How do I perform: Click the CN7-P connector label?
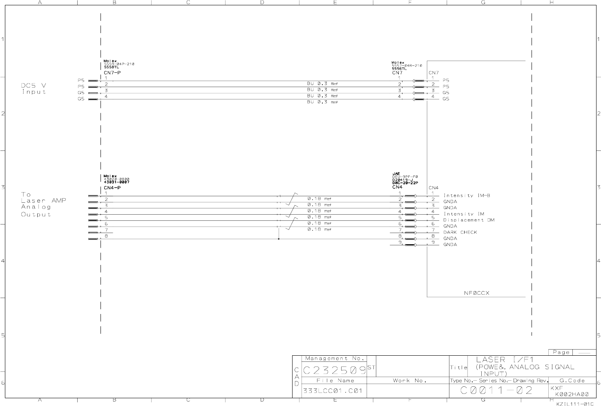(112, 73)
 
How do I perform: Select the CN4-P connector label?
(112, 188)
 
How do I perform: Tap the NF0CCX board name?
(476, 293)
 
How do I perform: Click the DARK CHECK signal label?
(460, 232)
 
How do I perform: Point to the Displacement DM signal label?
(469, 220)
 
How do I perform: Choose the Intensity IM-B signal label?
(467, 195)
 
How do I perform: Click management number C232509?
(334, 370)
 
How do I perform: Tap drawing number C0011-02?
(496, 390)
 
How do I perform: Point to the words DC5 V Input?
(34, 89)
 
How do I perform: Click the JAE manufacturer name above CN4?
(395, 174)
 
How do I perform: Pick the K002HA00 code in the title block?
(572, 394)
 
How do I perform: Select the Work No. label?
(409, 381)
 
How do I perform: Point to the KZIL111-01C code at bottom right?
(574, 404)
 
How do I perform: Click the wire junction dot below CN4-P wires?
(279, 239)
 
